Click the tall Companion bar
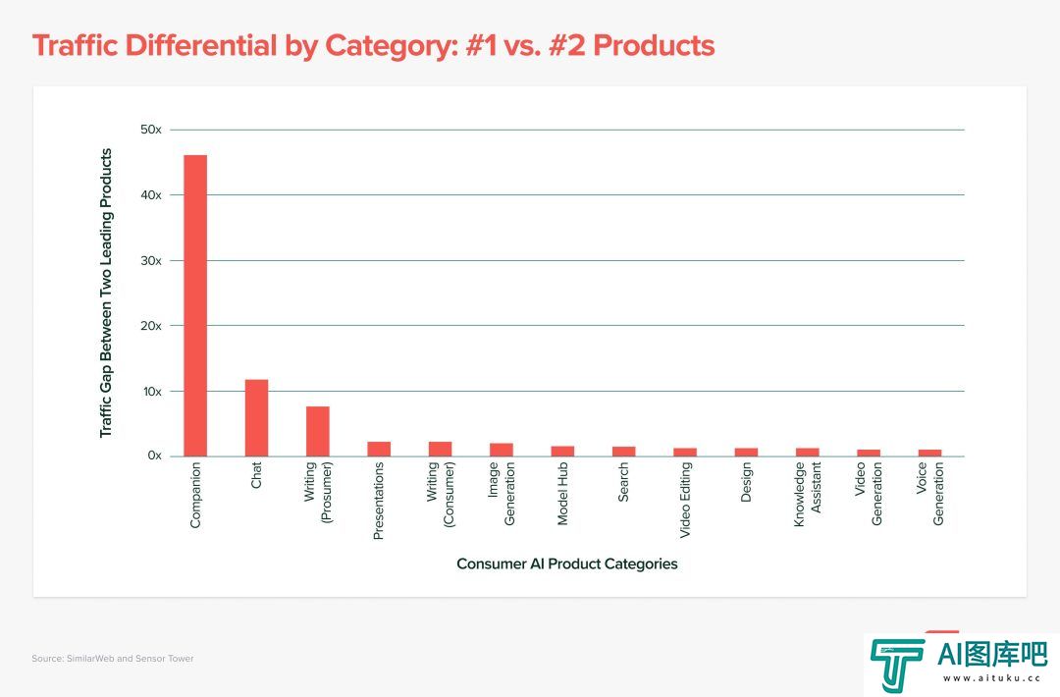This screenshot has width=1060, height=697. (195, 305)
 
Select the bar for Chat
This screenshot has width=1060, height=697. (256, 418)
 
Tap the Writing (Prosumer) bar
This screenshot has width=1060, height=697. (317, 431)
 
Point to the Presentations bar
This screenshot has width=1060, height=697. (379, 449)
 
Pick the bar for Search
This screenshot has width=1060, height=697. (623, 452)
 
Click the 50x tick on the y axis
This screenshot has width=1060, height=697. (151, 130)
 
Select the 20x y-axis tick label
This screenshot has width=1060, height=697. (151, 325)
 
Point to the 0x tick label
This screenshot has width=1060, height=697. (154, 456)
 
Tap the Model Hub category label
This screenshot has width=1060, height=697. (563, 496)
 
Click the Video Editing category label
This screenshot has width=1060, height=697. (685, 501)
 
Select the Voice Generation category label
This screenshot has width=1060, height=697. (930, 496)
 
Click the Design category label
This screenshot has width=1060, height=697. (746, 484)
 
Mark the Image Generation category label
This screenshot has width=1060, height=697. (502, 496)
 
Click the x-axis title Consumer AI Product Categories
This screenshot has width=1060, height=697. (567, 564)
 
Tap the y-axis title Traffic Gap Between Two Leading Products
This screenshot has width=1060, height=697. (106, 293)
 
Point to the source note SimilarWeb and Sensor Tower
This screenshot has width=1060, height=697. (113, 659)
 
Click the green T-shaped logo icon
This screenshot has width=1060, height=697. (896, 665)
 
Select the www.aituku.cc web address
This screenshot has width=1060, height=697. (992, 677)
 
